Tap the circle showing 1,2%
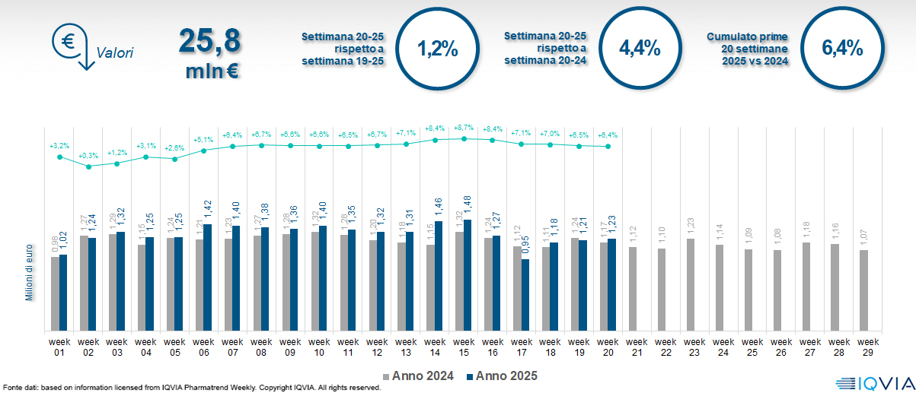point(438,50)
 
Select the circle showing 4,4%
point(640,49)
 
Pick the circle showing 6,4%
point(841,49)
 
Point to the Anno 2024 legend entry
point(423,376)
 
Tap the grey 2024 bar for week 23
point(690,285)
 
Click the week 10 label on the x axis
point(319,347)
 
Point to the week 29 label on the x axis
point(868,347)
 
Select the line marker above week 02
point(88,166)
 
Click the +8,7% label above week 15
point(463,128)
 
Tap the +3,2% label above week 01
point(59,144)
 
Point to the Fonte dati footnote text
point(190,388)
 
